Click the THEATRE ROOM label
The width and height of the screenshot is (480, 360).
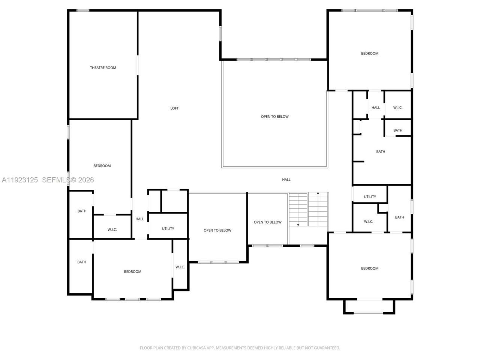click(x=103, y=68)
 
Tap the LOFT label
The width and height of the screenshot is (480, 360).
click(x=174, y=108)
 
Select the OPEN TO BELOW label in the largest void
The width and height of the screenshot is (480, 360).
click(x=275, y=117)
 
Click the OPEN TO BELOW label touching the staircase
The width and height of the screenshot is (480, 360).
click(x=267, y=222)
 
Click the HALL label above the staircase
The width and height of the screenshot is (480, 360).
click(x=286, y=180)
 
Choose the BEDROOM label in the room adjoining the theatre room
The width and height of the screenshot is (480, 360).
click(x=102, y=166)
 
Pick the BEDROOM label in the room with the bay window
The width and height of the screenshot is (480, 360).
click(x=369, y=268)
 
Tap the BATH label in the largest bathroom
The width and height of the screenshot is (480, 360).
click(x=381, y=152)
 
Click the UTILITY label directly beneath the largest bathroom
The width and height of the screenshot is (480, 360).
click(x=370, y=197)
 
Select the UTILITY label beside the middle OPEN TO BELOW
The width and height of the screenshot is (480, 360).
click(x=168, y=229)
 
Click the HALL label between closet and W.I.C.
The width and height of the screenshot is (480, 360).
click(x=375, y=108)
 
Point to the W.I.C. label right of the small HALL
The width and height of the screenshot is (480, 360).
click(x=397, y=108)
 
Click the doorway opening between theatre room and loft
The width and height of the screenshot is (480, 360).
click(x=137, y=66)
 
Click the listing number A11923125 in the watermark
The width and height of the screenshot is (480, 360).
click(x=20, y=180)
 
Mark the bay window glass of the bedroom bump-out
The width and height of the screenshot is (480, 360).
click(x=369, y=313)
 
